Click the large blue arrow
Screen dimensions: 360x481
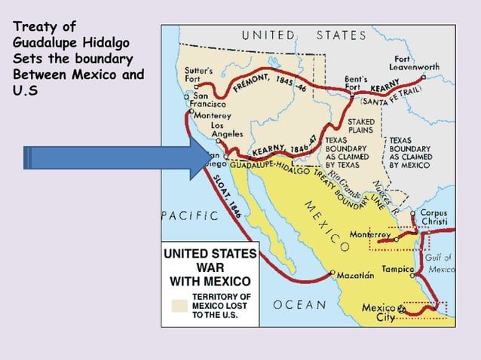coord(113,158)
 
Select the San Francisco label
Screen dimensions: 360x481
coord(209,100)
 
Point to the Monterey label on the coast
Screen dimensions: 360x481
coord(212,116)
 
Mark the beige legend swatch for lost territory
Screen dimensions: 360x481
coord(178,306)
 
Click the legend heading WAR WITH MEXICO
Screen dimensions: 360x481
coord(210,273)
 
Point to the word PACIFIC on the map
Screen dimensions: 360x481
coord(190,216)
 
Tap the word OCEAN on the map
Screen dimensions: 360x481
coord(299,305)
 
